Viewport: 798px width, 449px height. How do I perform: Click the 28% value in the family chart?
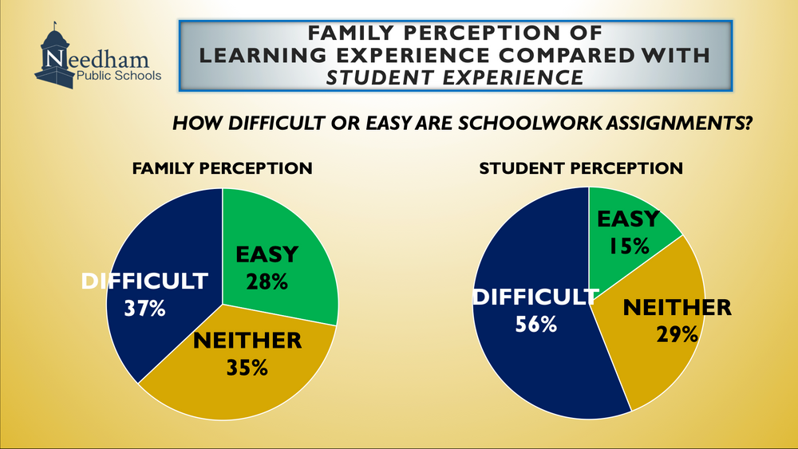pos(267,282)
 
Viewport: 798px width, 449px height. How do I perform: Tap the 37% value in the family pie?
pos(145,309)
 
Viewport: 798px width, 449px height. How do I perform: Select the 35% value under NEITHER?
pos(247,368)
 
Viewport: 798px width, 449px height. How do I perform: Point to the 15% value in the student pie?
pos(629,246)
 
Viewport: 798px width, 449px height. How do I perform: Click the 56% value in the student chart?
pos(536,324)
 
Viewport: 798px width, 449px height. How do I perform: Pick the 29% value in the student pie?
pos(678,334)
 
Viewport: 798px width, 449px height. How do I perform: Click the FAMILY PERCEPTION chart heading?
pos(223,168)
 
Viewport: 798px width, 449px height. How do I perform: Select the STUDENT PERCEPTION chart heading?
pos(581,168)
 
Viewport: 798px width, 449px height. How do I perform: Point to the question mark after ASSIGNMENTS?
pos(747,123)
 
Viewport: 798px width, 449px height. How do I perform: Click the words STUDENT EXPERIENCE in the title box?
pos(455,78)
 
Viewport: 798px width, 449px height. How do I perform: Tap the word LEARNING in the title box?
pos(263,55)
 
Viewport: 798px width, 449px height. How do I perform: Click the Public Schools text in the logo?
pos(119,77)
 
